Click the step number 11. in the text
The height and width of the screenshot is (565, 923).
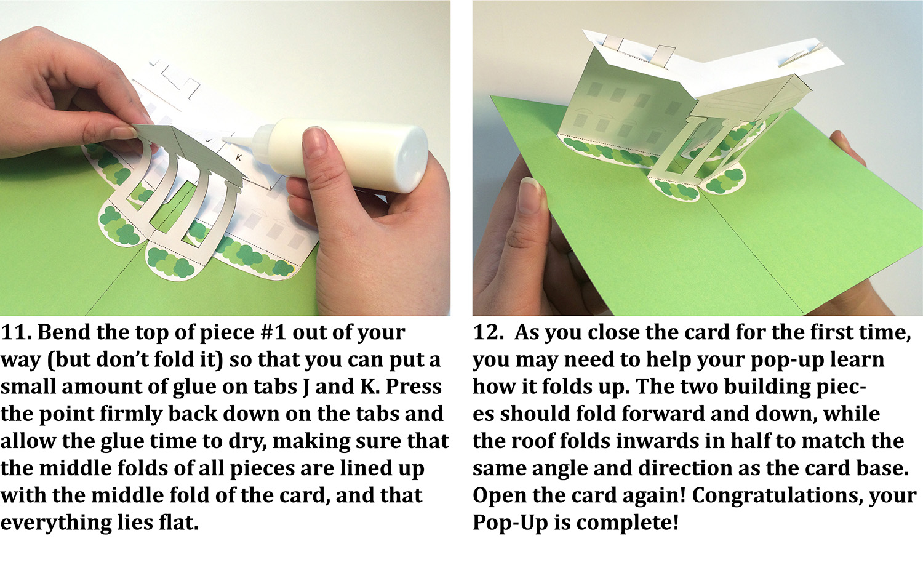[x=16, y=332]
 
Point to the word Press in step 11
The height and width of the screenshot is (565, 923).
[x=413, y=387]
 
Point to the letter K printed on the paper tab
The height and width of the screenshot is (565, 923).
[x=239, y=158]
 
